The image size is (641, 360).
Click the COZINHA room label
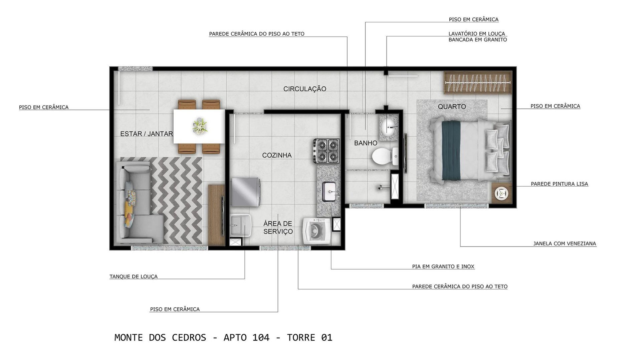pos(277,155)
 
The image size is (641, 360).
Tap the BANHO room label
pos(366,143)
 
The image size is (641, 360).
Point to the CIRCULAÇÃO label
pos(304,89)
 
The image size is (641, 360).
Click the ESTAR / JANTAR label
pos(146,134)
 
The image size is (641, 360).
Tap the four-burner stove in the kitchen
pos(326,151)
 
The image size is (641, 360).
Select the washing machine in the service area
pos(316,232)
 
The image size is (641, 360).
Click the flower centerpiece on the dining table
pos(200,126)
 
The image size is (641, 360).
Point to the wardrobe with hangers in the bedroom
pos(477,82)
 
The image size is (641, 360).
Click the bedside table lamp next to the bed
pos(501,193)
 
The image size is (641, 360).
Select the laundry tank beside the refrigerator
pos(239,225)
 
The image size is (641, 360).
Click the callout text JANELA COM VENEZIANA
pos(564,244)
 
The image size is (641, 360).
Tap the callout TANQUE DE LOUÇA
pos(134,277)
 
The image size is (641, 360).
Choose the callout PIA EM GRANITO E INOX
pos(443,267)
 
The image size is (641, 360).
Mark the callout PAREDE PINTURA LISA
pos(559,184)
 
